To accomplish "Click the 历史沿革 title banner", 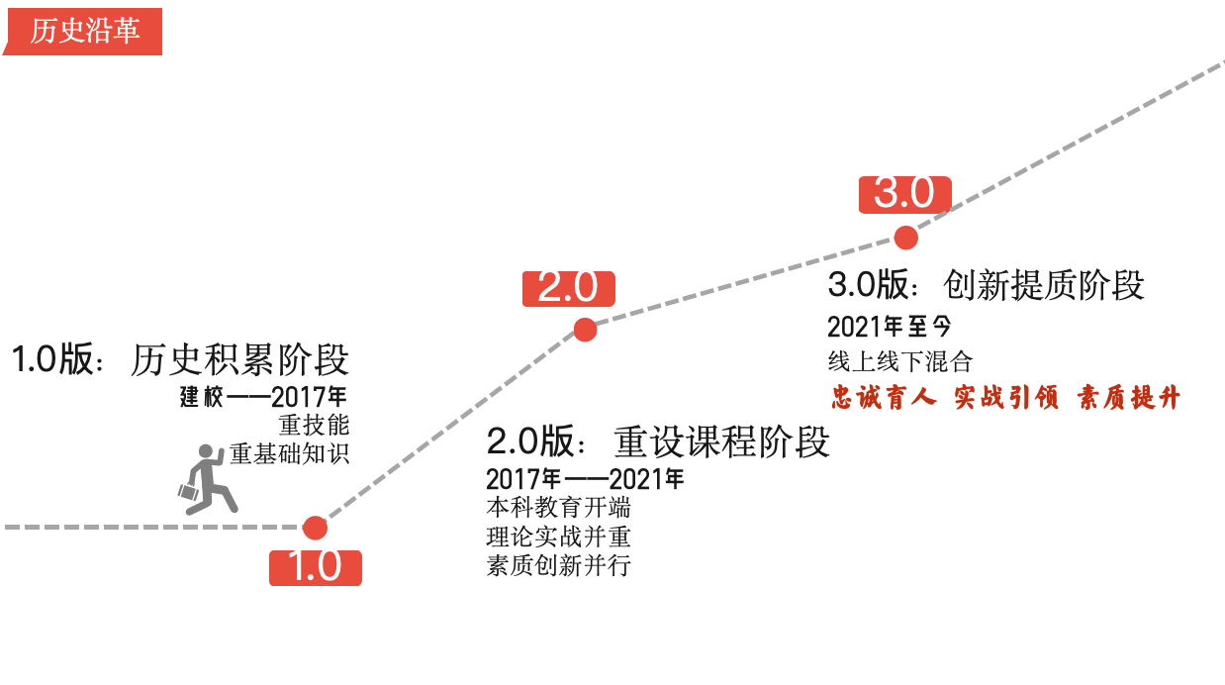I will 84,31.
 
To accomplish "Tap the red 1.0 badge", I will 315,567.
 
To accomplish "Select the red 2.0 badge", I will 568,287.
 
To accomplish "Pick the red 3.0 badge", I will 904,194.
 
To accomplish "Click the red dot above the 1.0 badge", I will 315,528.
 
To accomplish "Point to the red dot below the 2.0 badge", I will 585,330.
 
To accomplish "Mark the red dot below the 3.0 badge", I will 904,238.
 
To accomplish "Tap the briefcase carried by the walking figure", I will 188,490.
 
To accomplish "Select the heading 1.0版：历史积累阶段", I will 180,360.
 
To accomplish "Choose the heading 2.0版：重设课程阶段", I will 658,441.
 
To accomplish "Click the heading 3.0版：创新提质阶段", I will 986,285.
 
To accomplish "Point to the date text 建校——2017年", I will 263,398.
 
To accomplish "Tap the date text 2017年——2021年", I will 585,480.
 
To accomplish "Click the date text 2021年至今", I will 889,327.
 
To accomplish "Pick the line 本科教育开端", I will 558,509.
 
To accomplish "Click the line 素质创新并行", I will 558,566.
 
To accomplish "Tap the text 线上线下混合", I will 899,361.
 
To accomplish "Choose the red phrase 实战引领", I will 1006,398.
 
